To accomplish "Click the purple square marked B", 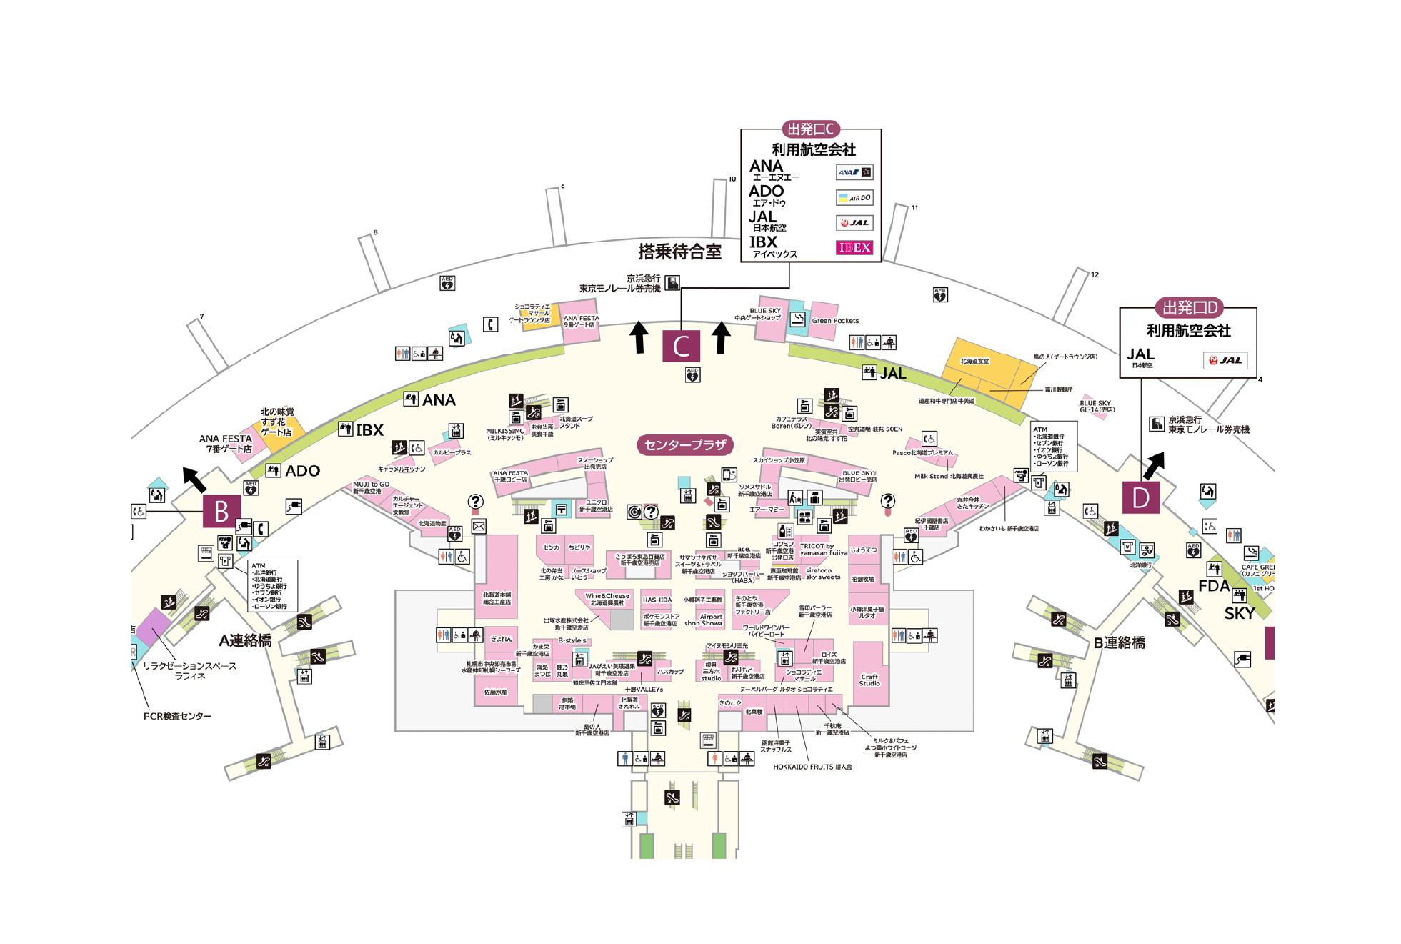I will [221, 511].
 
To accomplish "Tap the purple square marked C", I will [681, 346].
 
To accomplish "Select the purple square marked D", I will [1140, 497].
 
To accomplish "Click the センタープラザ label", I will [684, 445].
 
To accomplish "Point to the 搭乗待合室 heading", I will [679, 252].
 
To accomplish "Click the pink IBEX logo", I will [854, 247].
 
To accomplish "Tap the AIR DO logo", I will [854, 197].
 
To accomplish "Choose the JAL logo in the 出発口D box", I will [1225, 360].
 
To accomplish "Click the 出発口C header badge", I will [810, 129].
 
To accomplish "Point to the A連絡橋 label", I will [245, 640].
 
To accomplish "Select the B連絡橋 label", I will [1119, 642].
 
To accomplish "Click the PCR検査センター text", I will [177, 716].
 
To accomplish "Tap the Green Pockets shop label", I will [834, 321].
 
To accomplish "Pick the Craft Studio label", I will [869, 680].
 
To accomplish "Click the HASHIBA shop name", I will [657, 600].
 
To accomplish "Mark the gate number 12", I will [1095, 274].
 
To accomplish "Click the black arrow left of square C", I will [639, 337].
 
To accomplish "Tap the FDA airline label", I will [1213, 587].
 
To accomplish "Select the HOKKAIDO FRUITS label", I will [812, 767].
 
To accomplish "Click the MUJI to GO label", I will [371, 484].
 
